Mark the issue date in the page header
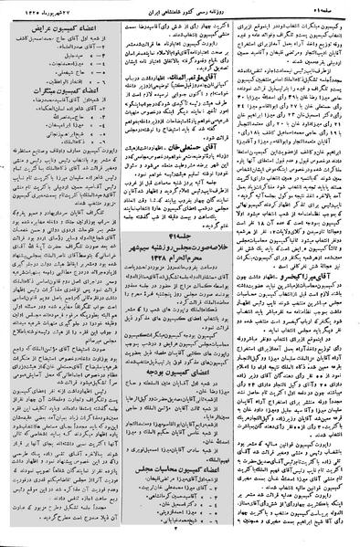[x=45, y=7]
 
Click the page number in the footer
[x=183, y=540]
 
